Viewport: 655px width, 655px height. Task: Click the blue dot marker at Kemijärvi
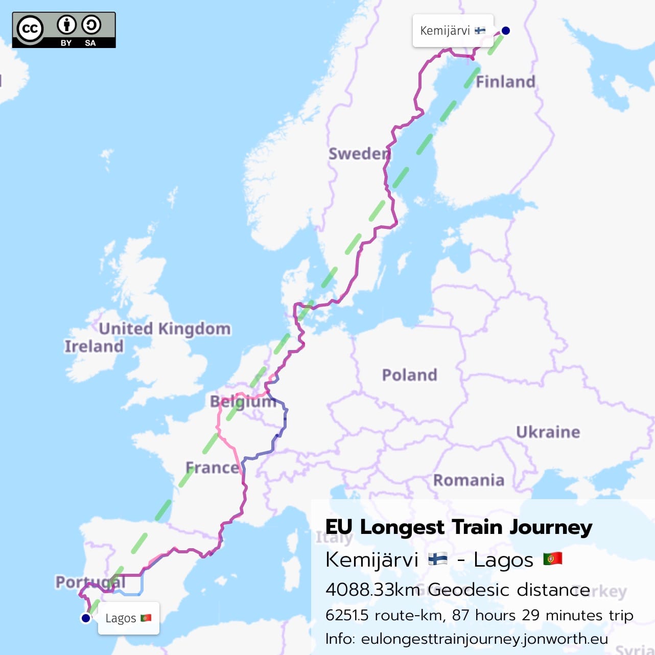(505, 31)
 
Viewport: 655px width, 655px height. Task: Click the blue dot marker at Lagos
(86, 618)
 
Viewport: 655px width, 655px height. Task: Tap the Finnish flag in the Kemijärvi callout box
(480, 31)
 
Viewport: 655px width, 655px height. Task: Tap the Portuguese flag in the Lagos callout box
(146, 618)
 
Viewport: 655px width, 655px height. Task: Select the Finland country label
(505, 82)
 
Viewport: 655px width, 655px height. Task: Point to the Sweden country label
(359, 153)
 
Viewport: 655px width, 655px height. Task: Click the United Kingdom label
(165, 329)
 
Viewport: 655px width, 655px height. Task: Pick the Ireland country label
(94, 346)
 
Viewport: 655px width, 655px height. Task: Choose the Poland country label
(409, 375)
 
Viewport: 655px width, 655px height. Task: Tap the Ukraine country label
(548, 432)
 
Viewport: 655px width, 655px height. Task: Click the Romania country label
(469, 480)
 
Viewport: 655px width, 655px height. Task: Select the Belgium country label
(243, 402)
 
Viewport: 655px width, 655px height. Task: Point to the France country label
(212, 467)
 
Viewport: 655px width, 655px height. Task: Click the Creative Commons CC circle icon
(30, 29)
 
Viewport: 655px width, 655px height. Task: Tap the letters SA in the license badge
(90, 43)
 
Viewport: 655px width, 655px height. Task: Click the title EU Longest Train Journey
(458, 527)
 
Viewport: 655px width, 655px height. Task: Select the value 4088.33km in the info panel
(372, 590)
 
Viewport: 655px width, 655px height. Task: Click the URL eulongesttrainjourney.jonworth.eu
(484, 639)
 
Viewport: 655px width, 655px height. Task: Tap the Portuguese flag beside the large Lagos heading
(552, 558)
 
